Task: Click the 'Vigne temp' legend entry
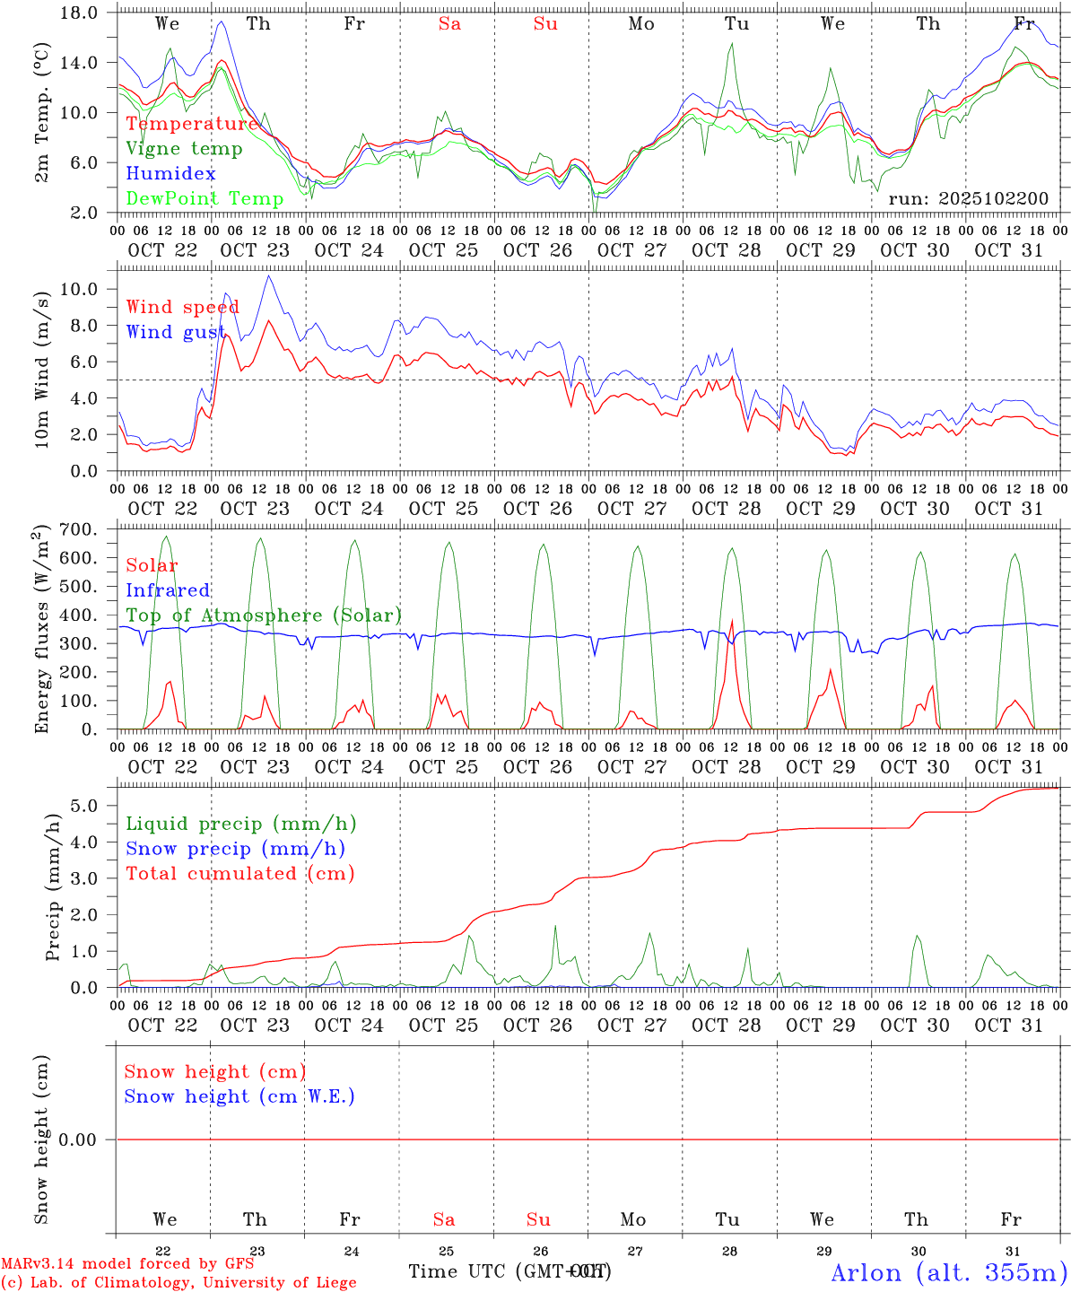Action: (x=184, y=149)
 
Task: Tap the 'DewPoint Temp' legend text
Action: (x=205, y=198)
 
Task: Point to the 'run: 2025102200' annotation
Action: (x=968, y=198)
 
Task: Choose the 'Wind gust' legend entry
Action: (x=175, y=332)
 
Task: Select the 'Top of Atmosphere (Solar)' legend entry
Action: (x=264, y=615)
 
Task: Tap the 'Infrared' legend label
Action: (x=168, y=590)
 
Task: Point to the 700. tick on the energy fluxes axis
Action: (x=79, y=529)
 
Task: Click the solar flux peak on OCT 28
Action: (x=732, y=620)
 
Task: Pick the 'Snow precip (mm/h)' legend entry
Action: (x=235, y=849)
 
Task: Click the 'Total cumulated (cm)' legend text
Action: (x=239, y=874)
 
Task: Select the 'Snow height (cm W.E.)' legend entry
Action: (x=239, y=1096)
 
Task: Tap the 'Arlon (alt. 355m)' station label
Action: (x=949, y=1272)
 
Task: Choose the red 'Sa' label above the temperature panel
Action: (x=449, y=24)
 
